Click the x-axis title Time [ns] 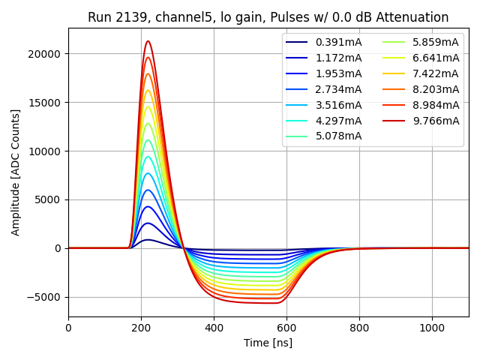tap(268, 343)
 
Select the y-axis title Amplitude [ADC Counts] tap(16, 172)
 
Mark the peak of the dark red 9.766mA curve tap(148, 41)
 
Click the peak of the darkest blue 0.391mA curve tap(148, 240)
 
